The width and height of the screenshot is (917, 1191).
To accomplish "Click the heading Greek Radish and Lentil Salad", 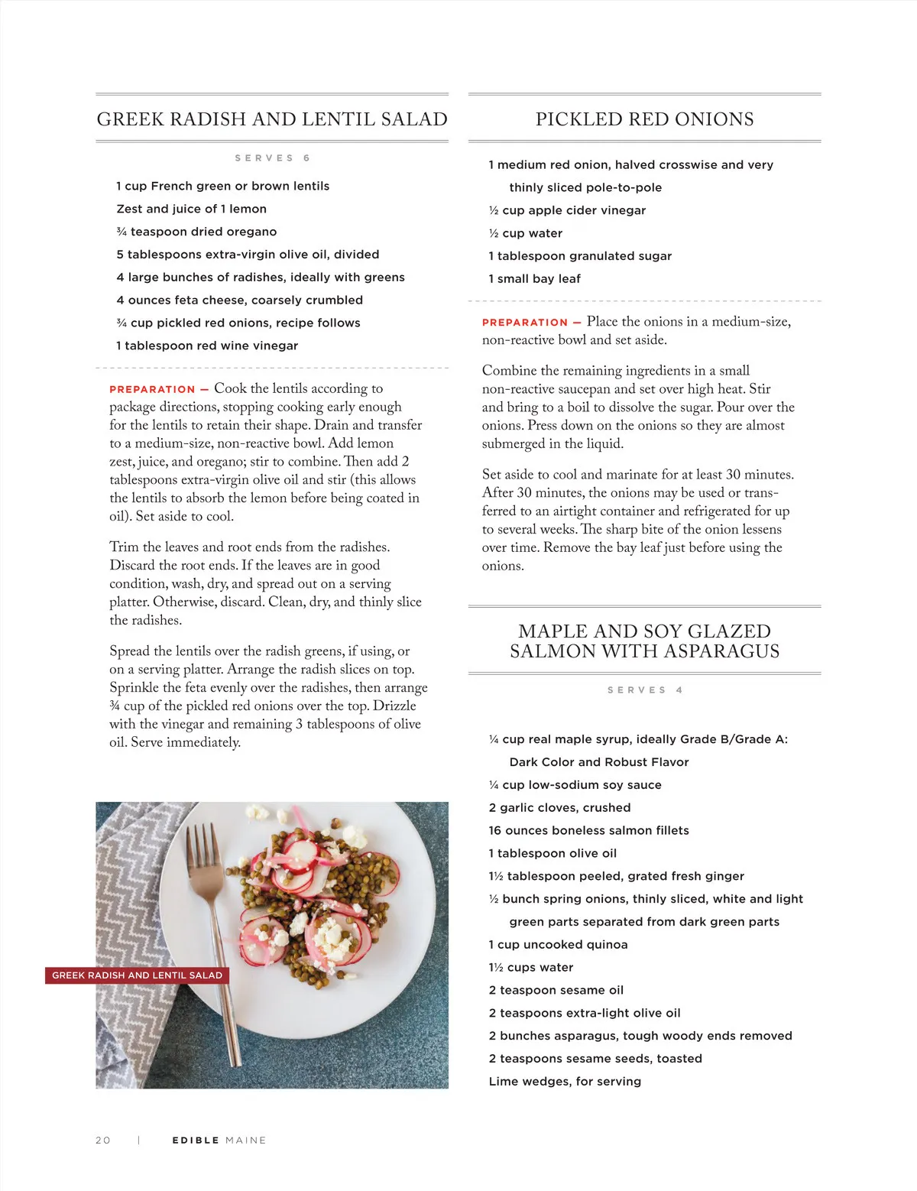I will (272, 119).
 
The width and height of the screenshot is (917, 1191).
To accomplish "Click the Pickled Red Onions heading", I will (644, 119).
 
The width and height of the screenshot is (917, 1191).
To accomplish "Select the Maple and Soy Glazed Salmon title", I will (644, 641).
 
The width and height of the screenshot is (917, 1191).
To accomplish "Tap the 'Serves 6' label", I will (272, 158).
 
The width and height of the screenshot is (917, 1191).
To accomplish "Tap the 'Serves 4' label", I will (645, 690).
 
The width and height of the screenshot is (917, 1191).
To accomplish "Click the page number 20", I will (103, 1140).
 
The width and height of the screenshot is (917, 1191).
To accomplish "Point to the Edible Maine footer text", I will (219, 1140).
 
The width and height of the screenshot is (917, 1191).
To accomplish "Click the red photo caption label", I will (137, 975).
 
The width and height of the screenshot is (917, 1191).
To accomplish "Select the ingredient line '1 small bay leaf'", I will (534, 279).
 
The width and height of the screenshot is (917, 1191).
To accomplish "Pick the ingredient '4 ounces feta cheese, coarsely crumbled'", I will (239, 300).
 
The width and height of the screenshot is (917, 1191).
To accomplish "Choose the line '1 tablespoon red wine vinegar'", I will (207, 346).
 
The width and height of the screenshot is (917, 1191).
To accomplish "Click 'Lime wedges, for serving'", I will (565, 1082).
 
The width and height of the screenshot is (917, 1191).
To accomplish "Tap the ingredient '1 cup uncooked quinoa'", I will (558, 945).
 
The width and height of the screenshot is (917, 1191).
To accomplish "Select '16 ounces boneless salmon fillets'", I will (588, 831).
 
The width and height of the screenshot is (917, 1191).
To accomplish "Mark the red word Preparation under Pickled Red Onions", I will (525, 323).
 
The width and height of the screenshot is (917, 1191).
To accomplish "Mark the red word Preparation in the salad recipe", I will (152, 389).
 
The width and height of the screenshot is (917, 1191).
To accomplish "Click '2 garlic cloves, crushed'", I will (559, 808).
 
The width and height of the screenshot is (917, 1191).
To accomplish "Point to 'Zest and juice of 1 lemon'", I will (191, 209).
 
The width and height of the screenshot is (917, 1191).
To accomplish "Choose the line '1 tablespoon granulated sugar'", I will (580, 256).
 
